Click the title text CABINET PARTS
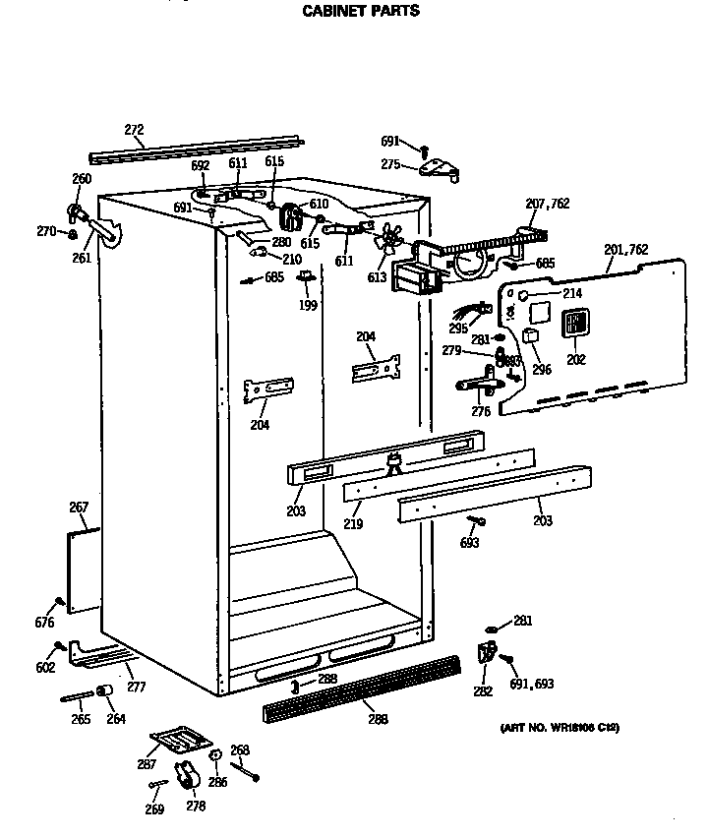[359, 12]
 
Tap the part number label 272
[135, 129]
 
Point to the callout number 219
[353, 524]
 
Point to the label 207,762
[547, 204]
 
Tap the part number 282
[482, 691]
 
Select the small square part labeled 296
[530, 335]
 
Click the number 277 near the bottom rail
[136, 688]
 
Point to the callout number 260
[82, 179]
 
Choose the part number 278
[196, 807]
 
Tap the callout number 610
[318, 204]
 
